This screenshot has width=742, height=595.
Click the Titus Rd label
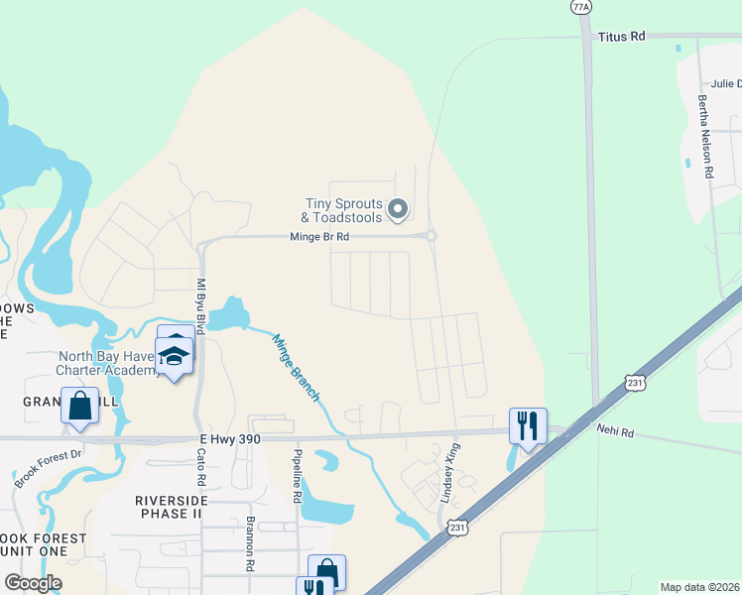click(621, 36)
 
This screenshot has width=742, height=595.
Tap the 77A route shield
click(582, 6)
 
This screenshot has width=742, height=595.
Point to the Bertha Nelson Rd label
click(705, 137)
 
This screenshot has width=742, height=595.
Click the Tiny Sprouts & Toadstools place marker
click(398, 208)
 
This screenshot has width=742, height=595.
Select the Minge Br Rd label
click(319, 237)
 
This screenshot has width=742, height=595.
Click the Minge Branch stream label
click(296, 367)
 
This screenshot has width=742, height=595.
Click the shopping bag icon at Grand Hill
click(79, 407)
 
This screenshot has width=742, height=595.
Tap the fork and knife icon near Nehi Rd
click(528, 426)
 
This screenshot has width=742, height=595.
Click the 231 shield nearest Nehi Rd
click(636, 383)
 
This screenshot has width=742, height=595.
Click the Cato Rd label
click(200, 468)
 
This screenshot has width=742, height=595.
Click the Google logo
click(34, 583)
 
